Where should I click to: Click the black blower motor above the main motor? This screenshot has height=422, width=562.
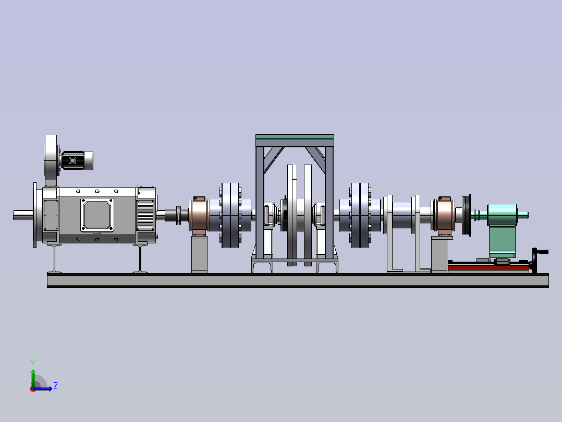[x=77, y=160]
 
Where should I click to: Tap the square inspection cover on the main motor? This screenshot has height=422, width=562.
[x=97, y=215]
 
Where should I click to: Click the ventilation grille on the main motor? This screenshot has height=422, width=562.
[x=145, y=215]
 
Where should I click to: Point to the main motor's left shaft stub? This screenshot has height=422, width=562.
[x=23, y=215]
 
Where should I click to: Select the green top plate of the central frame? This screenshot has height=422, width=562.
[x=295, y=137]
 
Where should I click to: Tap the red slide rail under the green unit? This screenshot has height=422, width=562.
[x=488, y=267]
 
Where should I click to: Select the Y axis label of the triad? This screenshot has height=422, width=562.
[x=33, y=363]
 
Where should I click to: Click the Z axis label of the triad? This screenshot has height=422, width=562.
[x=56, y=386]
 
